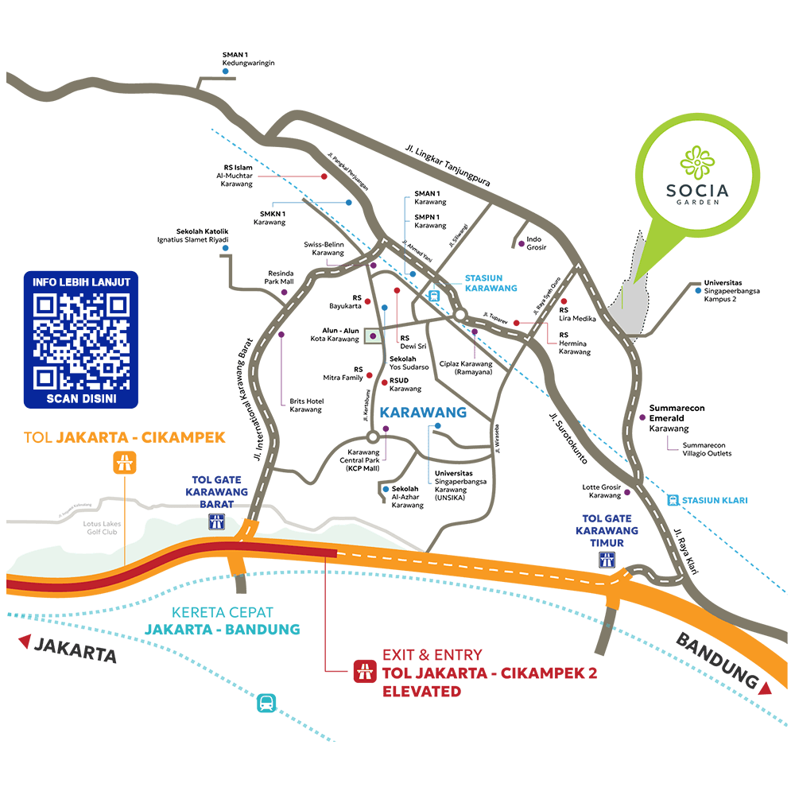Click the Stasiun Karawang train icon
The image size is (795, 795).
pos(434,296)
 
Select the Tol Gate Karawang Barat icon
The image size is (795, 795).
pos(216,522)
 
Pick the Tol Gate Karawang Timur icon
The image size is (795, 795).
pos(607,560)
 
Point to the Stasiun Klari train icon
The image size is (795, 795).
pos(673,500)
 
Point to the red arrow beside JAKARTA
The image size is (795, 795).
pos(25,640)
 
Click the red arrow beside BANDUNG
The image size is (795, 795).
pos(765,688)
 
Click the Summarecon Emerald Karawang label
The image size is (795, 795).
pos(677,417)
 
